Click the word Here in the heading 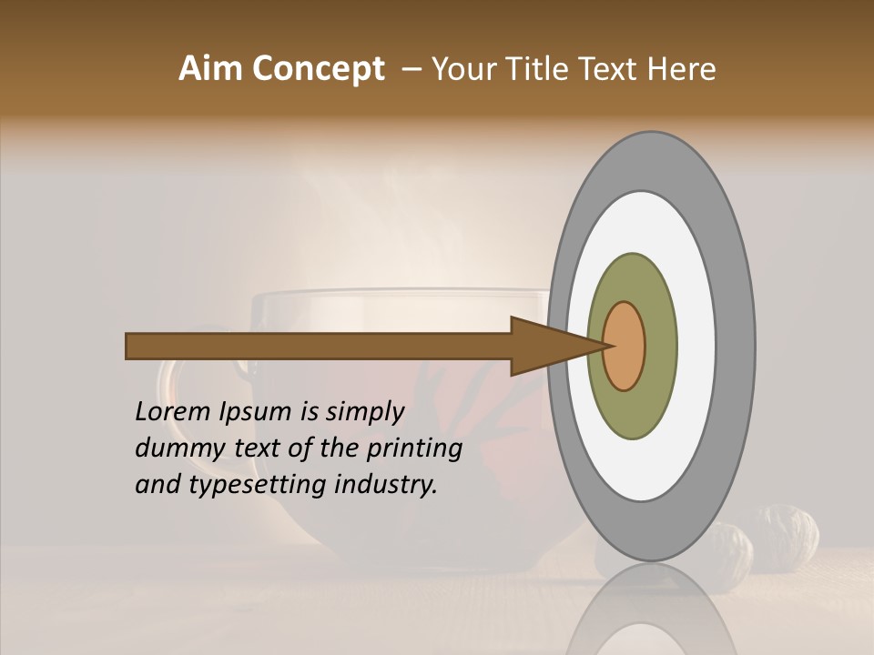click(x=681, y=69)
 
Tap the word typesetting click(x=258, y=485)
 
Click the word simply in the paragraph click(x=364, y=412)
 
